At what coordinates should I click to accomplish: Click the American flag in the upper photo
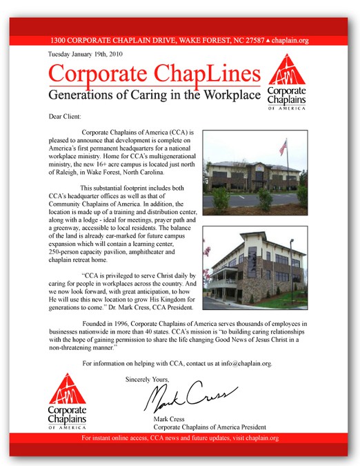click(282, 146)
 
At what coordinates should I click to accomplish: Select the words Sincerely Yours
click(147, 380)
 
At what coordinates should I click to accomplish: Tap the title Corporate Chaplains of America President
click(209, 427)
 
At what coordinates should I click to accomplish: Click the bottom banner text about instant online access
click(179, 438)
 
